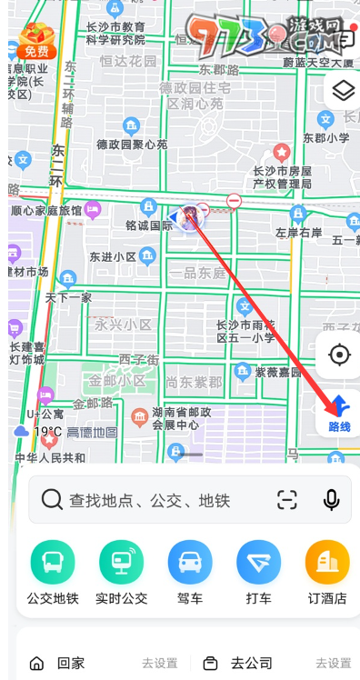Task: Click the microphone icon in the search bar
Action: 332,499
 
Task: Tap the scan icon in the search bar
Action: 287,499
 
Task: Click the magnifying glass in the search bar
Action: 53,499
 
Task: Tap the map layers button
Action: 342,91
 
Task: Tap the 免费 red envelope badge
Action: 36,41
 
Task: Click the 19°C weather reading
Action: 47,432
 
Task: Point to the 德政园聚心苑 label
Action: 132,144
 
